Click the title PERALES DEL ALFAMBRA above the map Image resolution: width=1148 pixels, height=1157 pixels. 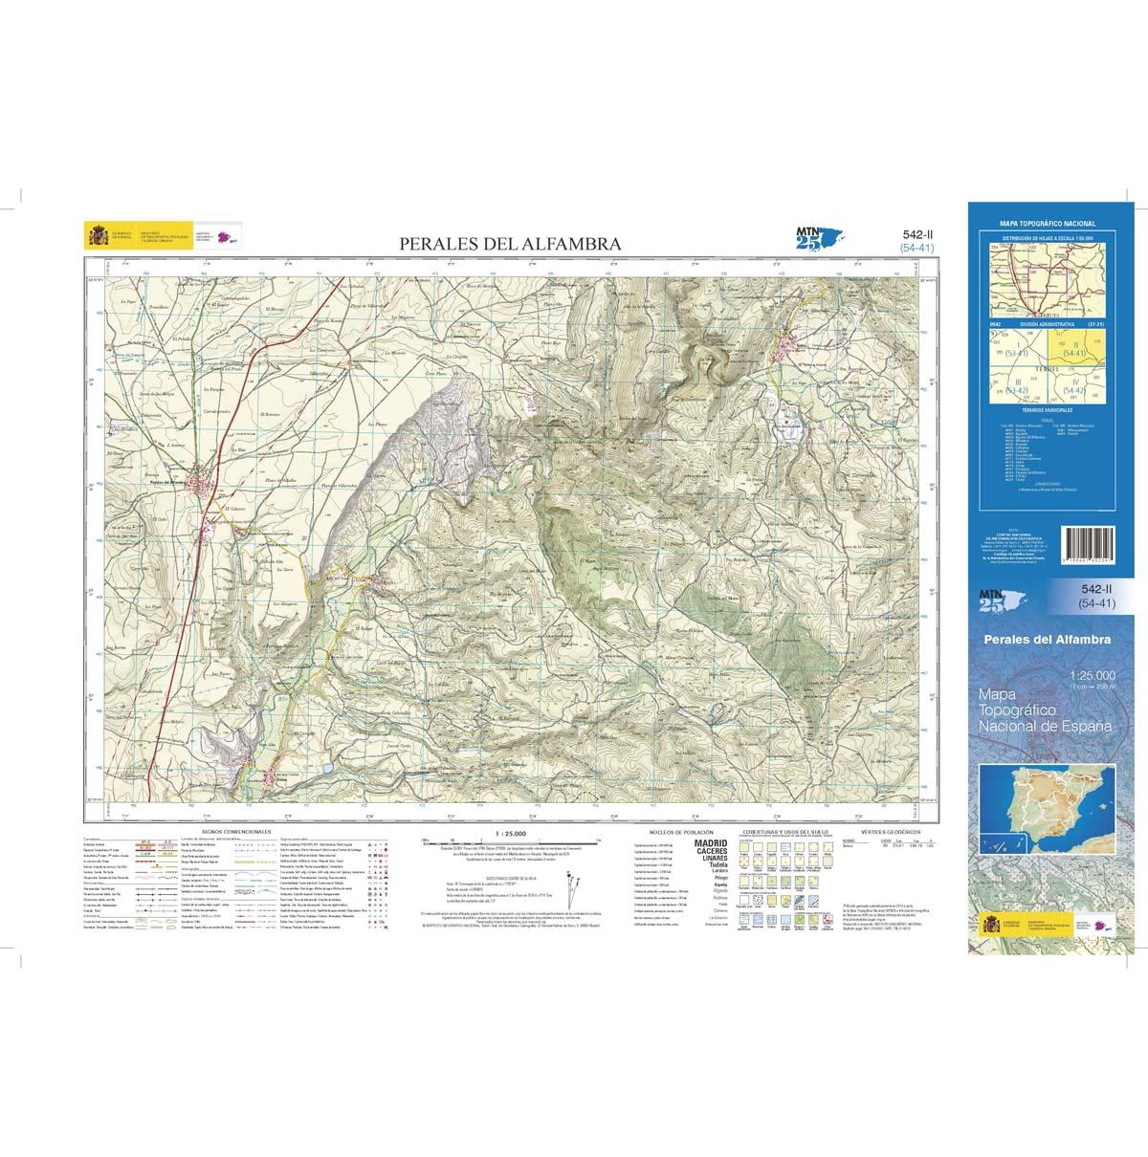click(510, 245)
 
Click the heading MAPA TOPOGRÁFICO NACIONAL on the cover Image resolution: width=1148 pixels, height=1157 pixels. click(1047, 224)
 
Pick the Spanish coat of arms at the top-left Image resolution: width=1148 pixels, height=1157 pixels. click(97, 235)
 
